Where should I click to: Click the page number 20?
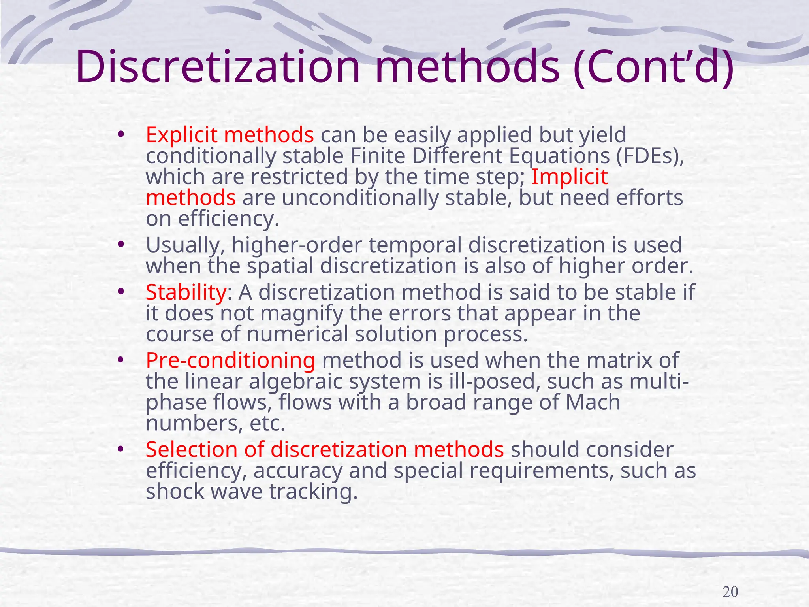(x=730, y=592)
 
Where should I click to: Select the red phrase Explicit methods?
(x=230, y=135)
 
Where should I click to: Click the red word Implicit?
(x=569, y=176)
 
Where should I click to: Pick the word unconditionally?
(x=360, y=198)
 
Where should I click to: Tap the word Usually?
(x=185, y=245)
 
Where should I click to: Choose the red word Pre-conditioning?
(x=230, y=360)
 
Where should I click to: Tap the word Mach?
(x=593, y=402)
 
